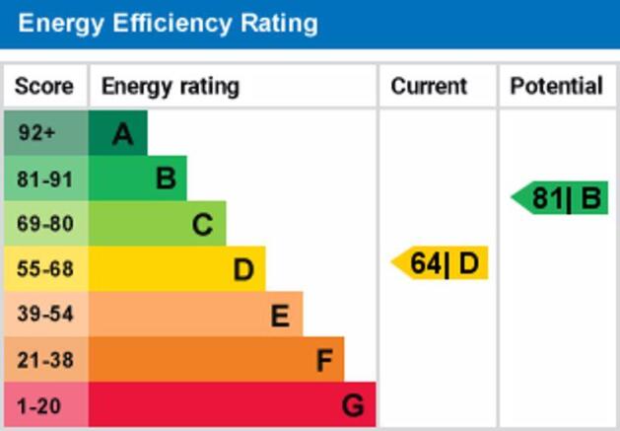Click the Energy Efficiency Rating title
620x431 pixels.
pyautogui.click(x=168, y=24)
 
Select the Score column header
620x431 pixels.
pyautogui.click(x=44, y=87)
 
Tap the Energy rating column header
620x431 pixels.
pyautogui.click(x=170, y=87)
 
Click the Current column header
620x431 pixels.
pyautogui.click(x=429, y=87)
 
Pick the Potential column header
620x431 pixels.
pyautogui.click(x=556, y=87)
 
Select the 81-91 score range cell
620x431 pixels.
pyautogui.click(x=45, y=179)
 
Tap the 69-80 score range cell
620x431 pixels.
pyautogui.click(x=45, y=224)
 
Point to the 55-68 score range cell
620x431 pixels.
pyautogui.click(x=45, y=269)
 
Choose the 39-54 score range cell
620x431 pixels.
pyautogui.click(x=45, y=315)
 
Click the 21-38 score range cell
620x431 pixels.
pyautogui.click(x=45, y=360)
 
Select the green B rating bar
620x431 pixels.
pyautogui.click(x=138, y=179)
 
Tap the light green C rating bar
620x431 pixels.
pyautogui.click(x=158, y=224)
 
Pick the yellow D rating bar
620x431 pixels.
pyautogui.click(x=177, y=269)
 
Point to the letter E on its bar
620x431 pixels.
pyautogui.click(x=280, y=316)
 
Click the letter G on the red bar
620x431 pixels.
pyautogui.click(x=353, y=405)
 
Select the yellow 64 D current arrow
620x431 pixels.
pyautogui.click(x=442, y=263)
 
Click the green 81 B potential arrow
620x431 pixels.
pyautogui.click(x=562, y=198)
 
